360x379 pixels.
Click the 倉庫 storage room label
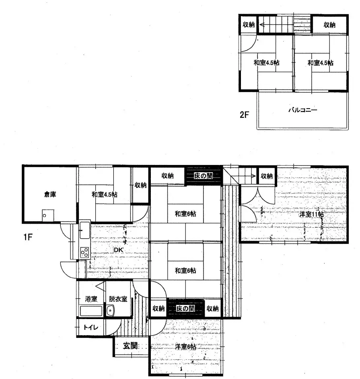[x=50, y=195]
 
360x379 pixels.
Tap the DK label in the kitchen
[x=118, y=250]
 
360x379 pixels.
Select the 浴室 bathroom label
[x=91, y=299]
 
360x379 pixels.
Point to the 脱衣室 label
[x=118, y=299]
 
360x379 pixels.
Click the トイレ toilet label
[x=90, y=328]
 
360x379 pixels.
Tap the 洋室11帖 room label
[x=311, y=214]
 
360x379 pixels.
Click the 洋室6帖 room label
[x=185, y=346]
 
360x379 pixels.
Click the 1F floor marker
[x=27, y=237]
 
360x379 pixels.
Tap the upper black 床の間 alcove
[x=204, y=176]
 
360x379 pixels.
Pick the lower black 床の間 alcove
[x=185, y=309]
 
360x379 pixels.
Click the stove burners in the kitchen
[x=84, y=252]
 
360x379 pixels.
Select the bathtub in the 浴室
[x=91, y=311]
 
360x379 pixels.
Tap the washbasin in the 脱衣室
[x=111, y=310]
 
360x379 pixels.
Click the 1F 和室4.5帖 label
[x=104, y=195]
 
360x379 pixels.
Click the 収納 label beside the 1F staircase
[x=267, y=176]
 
